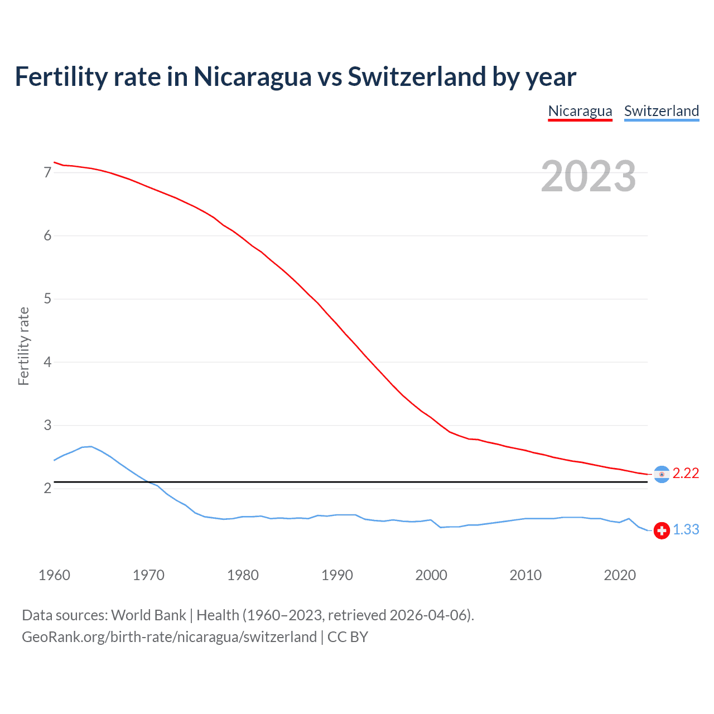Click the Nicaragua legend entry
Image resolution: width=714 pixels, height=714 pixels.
point(580,111)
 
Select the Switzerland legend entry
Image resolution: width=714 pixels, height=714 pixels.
point(661,111)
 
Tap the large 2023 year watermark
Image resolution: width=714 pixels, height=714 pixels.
point(588,176)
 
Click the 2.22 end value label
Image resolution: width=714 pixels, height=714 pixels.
point(686,473)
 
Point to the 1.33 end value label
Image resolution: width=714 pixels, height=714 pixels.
point(686,529)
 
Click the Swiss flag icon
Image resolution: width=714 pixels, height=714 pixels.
point(662,530)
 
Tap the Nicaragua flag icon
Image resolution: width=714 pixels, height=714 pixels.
point(662,474)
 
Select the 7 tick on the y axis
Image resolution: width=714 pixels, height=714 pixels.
point(47,172)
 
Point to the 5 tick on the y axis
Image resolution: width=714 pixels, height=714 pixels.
point(47,299)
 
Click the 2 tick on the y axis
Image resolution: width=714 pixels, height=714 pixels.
point(47,489)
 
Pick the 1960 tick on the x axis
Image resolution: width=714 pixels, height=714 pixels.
point(54,575)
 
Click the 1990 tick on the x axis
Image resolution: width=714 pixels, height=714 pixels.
point(337,575)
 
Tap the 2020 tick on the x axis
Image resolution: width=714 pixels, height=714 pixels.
point(620,575)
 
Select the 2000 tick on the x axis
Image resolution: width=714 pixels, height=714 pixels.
point(431,575)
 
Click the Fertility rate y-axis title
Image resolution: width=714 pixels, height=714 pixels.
point(23,346)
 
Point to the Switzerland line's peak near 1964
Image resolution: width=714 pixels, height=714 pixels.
point(91,446)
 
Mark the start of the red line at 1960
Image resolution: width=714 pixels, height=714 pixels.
point(55,162)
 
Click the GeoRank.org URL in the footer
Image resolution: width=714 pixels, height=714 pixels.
point(169,637)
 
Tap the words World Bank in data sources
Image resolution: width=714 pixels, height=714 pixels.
point(148,615)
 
